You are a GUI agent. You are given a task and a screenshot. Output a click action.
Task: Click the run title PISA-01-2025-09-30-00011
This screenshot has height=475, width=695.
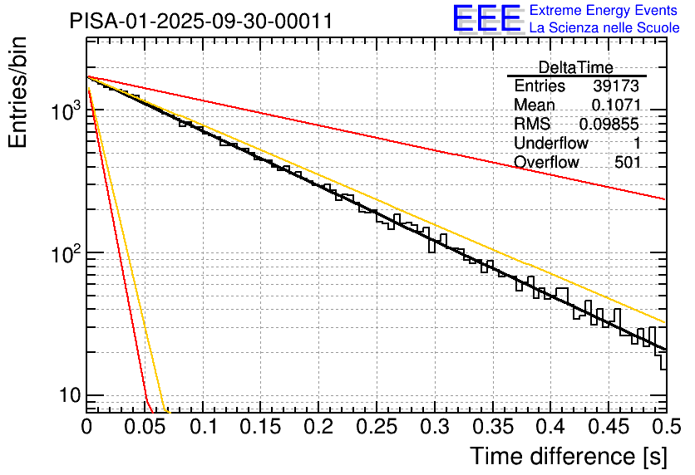(201, 21)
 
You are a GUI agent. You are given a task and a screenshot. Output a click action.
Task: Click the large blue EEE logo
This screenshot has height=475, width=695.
(486, 19)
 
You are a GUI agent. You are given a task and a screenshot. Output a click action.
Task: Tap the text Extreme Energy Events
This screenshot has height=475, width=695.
(604, 11)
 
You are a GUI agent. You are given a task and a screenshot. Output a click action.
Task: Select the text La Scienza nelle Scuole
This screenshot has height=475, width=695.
(604, 27)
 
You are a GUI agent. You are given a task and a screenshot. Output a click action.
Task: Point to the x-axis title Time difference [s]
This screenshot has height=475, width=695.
(569, 456)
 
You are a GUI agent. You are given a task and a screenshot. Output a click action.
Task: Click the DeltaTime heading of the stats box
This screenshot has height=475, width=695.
(575, 67)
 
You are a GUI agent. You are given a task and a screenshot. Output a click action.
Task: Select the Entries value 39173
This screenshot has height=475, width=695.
(616, 86)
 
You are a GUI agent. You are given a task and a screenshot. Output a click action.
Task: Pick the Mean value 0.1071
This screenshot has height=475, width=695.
(616, 105)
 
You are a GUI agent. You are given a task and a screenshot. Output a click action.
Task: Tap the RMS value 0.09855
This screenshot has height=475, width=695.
(610, 125)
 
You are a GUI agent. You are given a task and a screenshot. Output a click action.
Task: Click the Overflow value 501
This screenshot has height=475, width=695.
(628, 163)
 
